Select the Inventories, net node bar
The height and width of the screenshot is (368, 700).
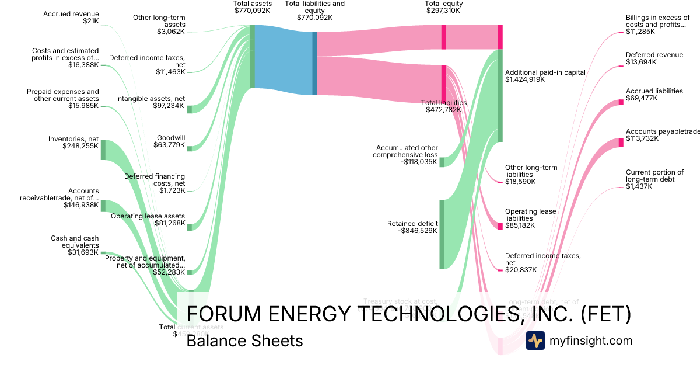pos(103,150)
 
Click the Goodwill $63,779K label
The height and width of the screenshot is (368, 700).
pos(170,141)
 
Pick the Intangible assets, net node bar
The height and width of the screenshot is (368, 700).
pos(190,109)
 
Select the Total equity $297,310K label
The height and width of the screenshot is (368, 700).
pos(444,7)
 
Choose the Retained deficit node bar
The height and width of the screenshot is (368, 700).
pos(442,234)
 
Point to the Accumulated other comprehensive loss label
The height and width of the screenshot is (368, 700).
pos(407,155)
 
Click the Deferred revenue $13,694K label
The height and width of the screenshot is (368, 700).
pos(654,58)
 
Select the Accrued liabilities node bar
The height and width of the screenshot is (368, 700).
pos(621,102)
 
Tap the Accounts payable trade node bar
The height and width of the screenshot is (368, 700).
pos(621,142)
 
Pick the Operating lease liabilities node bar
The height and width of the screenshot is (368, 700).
pos(500,226)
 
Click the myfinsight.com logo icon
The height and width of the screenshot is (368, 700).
pos(535,341)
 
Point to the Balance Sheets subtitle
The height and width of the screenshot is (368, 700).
pos(244,341)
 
